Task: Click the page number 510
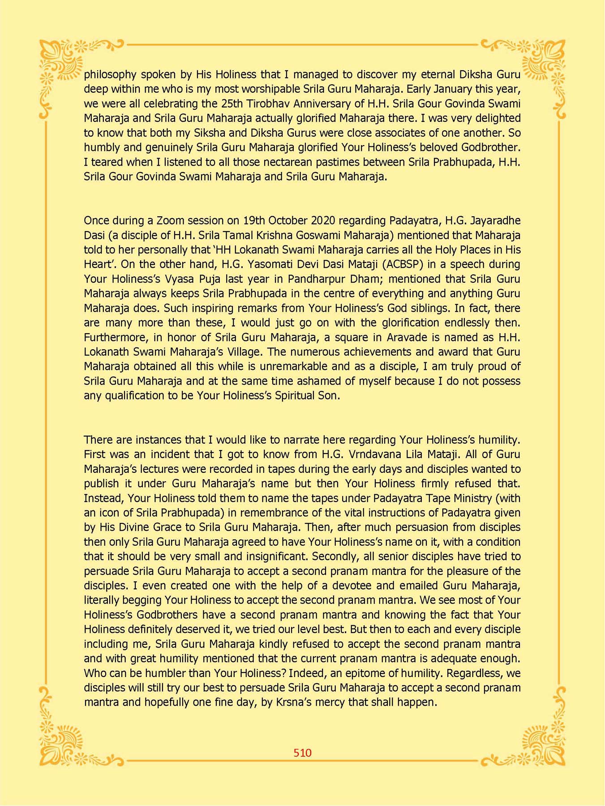302,753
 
